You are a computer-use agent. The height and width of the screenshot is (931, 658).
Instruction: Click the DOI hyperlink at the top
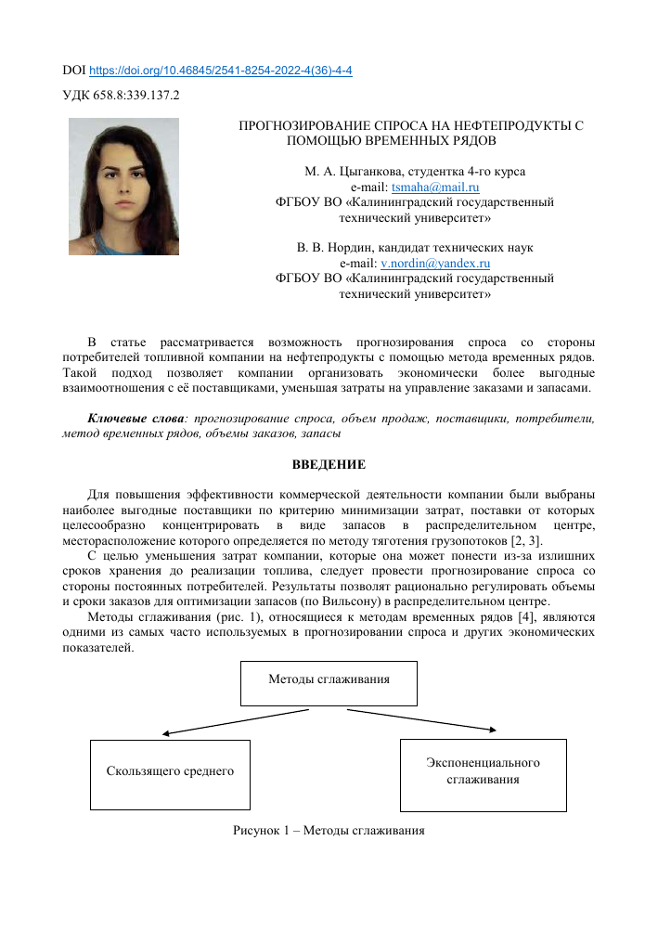click(x=220, y=71)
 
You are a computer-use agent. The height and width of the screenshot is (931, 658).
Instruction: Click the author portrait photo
click(x=123, y=186)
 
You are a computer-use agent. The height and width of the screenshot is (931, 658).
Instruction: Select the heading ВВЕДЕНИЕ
click(x=329, y=464)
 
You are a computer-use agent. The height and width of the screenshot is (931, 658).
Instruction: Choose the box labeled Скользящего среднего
click(x=170, y=772)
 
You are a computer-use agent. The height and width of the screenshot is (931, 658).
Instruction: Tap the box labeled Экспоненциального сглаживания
click(x=483, y=772)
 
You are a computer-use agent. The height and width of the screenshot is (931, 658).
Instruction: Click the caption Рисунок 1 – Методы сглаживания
click(x=329, y=831)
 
